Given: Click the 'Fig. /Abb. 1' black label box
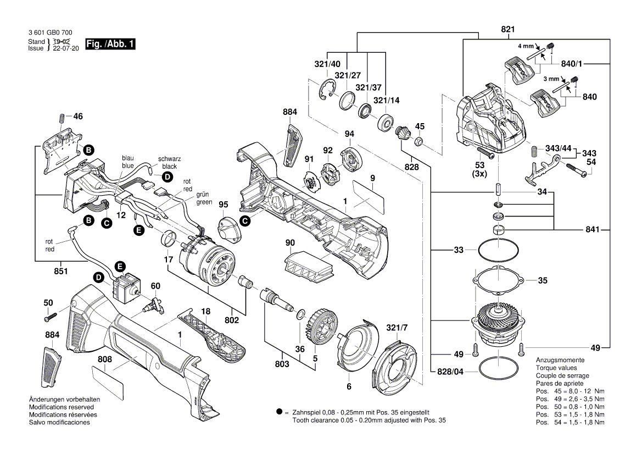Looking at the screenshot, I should pos(110,44).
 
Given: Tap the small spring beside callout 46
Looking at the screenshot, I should pos(62,118).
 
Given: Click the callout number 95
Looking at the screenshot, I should pos(223,204).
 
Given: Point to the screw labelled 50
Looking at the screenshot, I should pos(51,316).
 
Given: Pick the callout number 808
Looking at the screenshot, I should pos(105,359).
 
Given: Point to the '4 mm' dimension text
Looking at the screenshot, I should pos(526,47).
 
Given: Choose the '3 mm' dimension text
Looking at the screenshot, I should pos(551,79).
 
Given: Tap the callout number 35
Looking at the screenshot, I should pos(543,280).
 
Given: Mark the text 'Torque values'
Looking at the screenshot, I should pos(556,368).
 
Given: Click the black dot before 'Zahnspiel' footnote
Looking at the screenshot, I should pos(279,412).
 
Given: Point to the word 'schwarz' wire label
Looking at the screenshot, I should pos(169,158).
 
